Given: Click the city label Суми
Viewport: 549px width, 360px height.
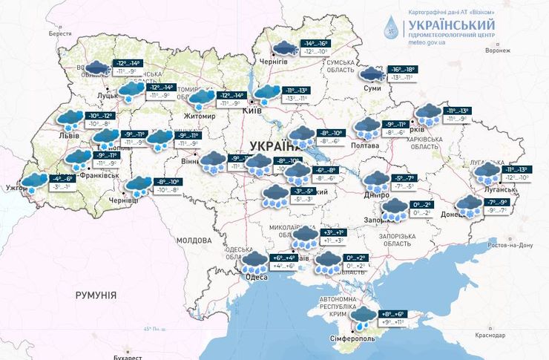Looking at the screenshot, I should (371, 88).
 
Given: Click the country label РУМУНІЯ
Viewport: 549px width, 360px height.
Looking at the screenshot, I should (96, 295).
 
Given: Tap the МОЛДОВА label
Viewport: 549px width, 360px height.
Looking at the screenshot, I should (194, 240).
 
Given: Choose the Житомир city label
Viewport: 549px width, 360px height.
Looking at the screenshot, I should (200, 117).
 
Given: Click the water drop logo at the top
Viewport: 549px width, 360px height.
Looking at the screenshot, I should (390, 27).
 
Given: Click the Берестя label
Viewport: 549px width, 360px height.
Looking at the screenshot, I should (61, 34).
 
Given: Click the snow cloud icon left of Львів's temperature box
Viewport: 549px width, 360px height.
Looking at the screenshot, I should (70, 119).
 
